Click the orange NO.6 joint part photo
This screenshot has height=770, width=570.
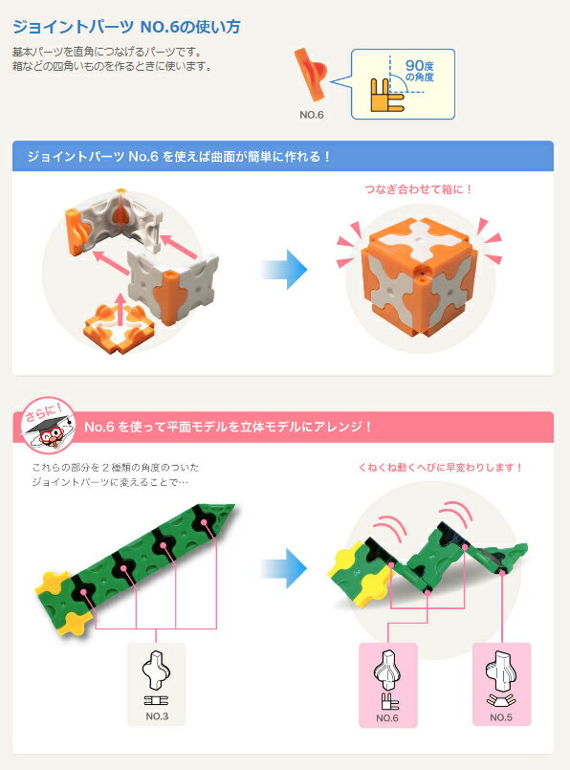click(310, 75)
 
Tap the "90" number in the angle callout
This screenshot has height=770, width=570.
click(415, 65)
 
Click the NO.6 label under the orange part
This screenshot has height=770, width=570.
click(312, 115)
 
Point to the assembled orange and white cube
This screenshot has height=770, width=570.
click(420, 276)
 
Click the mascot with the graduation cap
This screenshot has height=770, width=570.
click(48, 426)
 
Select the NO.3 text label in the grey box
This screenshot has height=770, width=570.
click(157, 716)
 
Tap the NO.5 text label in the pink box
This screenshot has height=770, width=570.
click(501, 717)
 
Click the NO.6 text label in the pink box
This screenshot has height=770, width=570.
click(387, 718)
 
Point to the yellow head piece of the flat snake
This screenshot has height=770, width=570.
click(61, 603)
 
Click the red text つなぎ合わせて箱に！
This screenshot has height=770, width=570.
click(418, 189)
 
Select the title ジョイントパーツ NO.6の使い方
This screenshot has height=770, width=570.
click(126, 27)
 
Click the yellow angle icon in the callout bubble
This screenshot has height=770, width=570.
click(386, 95)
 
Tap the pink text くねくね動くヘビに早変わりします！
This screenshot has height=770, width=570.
click(440, 467)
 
